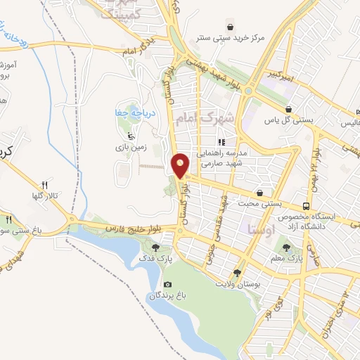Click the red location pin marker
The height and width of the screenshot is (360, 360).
(x=181, y=165)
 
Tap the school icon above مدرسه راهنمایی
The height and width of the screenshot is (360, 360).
(x=221, y=142)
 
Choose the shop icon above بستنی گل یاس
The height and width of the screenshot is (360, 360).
(x=290, y=109)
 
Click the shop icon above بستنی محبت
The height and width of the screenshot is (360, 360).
(x=260, y=192)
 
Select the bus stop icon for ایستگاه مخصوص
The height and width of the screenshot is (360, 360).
(x=306, y=206)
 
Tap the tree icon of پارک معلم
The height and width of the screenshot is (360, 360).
(x=285, y=247)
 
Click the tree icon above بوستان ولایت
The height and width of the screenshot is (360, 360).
(x=237, y=271)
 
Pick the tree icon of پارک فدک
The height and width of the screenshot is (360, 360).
(x=156, y=247)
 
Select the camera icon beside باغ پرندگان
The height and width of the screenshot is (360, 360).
(x=167, y=284)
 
